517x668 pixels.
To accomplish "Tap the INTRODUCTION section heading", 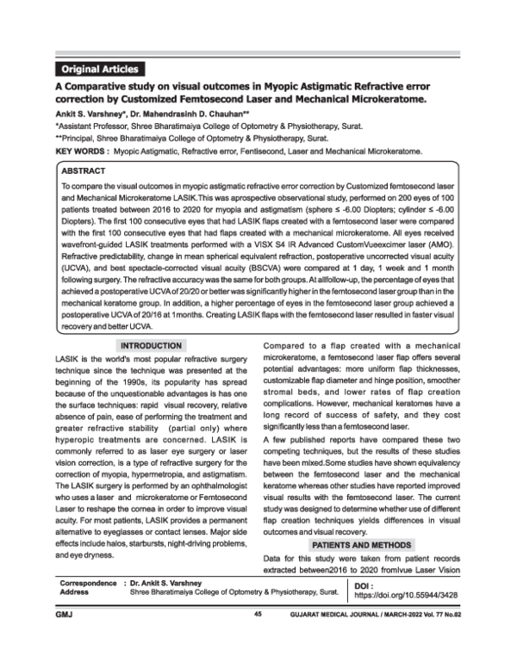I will (x=148, y=345).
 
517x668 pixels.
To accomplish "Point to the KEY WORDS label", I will (x=83, y=150).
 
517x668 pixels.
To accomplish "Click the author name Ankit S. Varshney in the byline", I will (x=91, y=112).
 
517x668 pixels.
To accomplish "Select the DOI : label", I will (x=366, y=583).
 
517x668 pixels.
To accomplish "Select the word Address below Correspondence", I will (x=75, y=593).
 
